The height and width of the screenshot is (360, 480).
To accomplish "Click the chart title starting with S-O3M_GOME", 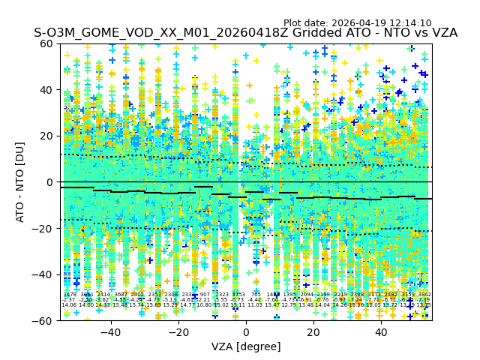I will click(x=245, y=33).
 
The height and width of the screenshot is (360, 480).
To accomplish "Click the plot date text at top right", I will click(x=357, y=23).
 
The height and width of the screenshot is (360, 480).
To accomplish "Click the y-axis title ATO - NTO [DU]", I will click(x=21, y=181).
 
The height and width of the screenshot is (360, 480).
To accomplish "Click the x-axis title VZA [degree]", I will click(x=246, y=346).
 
